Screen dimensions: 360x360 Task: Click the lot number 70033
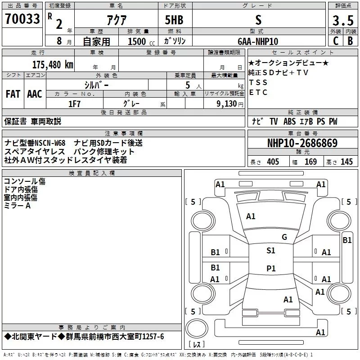coord(22,19)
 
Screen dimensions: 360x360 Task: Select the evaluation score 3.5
coord(343,20)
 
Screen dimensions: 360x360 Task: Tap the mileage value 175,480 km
coord(53,64)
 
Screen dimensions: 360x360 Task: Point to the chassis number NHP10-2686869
coord(302,143)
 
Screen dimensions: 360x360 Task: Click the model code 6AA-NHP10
coord(258,41)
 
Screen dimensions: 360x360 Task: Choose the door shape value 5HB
coord(174,20)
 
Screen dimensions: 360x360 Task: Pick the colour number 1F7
coord(74,104)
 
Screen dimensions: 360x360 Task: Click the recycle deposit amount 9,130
coord(227,104)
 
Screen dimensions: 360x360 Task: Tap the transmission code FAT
coord(13,94)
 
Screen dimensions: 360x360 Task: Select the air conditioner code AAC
coord(35,94)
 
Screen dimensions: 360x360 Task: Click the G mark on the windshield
coord(284,237)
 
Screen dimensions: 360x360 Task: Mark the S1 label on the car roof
coord(271,250)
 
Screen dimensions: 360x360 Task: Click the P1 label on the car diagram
coord(271,268)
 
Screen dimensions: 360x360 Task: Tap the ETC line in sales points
coord(258,92)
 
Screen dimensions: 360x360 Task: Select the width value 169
coord(310,162)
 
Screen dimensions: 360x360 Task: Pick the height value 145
coord(346,162)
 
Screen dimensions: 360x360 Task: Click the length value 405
coord(273,162)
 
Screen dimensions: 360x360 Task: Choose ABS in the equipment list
coord(289,121)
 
